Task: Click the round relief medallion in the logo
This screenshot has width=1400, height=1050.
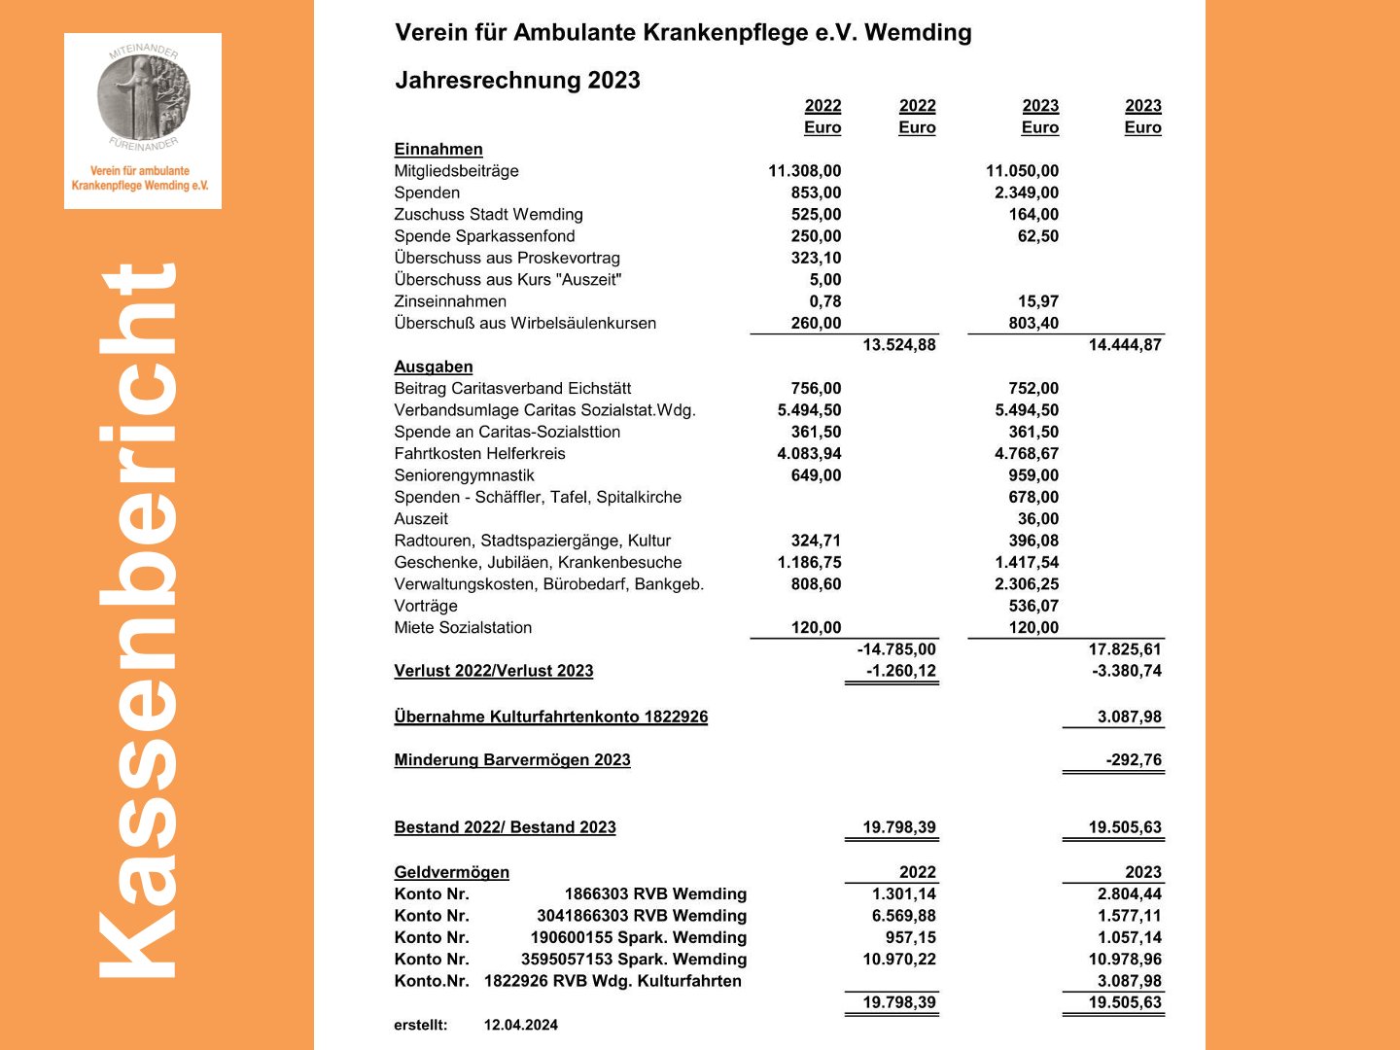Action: [x=144, y=96]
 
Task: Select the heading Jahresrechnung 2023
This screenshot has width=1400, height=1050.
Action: [x=517, y=80]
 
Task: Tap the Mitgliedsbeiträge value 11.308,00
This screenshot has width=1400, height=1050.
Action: [x=804, y=171]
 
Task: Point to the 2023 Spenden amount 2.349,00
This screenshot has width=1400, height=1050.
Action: [x=1026, y=192]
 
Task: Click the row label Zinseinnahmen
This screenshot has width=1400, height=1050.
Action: [x=450, y=301]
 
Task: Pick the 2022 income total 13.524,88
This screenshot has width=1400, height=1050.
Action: [x=898, y=345]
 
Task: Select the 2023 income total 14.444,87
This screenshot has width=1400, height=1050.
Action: [x=1124, y=345]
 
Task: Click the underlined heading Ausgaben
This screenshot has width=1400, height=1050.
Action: [x=434, y=367]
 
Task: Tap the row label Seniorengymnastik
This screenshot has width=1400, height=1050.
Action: [x=464, y=475]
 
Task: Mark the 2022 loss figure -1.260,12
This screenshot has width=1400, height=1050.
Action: [x=900, y=671]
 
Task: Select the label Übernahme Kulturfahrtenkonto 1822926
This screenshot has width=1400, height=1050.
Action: [x=550, y=717]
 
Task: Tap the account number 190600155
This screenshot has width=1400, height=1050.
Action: [x=571, y=937]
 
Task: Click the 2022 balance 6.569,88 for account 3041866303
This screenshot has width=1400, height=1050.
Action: [x=903, y=916]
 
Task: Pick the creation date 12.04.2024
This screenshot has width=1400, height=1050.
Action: [x=520, y=1025]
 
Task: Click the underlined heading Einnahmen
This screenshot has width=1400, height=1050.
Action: [x=438, y=149]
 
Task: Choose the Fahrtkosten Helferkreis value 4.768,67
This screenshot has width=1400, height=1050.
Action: [x=1026, y=454]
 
